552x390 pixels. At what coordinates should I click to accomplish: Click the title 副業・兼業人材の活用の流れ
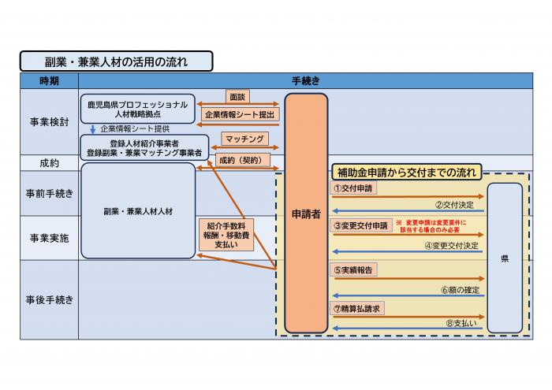point(117,61)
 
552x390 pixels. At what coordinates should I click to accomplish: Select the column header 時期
point(49,81)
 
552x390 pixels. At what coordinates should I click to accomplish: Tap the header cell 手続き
point(305,81)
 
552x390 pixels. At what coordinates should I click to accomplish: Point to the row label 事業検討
point(49,122)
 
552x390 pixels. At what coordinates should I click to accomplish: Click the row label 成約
point(49,163)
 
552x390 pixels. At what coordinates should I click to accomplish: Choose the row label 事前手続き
point(49,194)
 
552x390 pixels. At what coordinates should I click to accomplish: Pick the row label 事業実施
point(49,237)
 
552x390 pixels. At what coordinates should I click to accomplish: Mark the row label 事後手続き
point(49,299)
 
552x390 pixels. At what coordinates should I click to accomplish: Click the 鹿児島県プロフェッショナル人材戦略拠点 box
point(137,109)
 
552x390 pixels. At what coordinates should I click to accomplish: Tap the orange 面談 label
point(237,98)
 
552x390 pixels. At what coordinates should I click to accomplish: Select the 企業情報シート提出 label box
point(240,115)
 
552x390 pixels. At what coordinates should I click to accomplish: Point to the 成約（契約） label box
point(243,159)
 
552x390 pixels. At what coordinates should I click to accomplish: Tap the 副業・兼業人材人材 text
point(137,212)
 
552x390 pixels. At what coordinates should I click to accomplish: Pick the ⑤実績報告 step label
point(354,269)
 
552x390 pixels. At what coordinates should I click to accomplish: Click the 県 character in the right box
point(505,258)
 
